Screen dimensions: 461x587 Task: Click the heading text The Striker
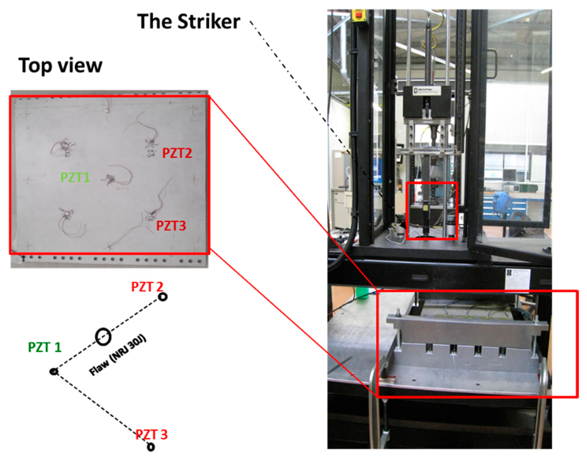tap(188, 22)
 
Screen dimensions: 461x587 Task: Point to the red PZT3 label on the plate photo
tap(171, 226)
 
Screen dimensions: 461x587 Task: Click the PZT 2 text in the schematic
tap(147, 286)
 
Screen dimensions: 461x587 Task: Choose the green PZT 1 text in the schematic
tap(45, 347)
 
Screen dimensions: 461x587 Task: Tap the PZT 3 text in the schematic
tap(152, 435)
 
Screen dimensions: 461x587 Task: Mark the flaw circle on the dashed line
tap(103, 337)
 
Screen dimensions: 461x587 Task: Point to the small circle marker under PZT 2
tap(163, 297)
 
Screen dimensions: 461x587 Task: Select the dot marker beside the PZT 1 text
tap(54, 372)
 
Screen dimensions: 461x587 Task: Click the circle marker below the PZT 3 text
tap(151, 447)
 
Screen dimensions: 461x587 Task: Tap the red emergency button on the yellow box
tap(361, 14)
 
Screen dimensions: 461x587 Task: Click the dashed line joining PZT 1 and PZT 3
tap(100, 408)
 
